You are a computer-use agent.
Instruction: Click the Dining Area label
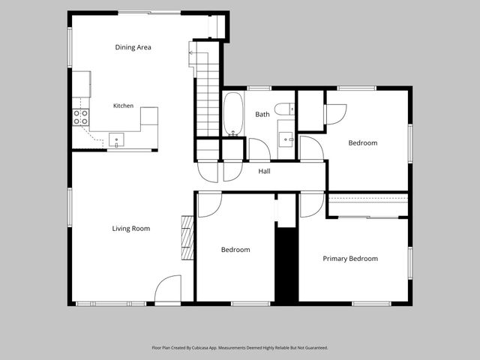point(133,47)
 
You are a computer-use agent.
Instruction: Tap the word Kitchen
point(123,106)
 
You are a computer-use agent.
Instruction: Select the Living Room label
point(131,228)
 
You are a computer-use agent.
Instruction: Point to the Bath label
point(262,114)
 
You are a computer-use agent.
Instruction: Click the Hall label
point(264,171)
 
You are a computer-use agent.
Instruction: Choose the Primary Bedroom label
point(350,259)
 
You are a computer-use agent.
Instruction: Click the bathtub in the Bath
point(233,114)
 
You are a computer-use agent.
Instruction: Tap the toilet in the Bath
point(284,109)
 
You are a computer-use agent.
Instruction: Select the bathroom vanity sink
point(286,139)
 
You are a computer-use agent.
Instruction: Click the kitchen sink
point(117,140)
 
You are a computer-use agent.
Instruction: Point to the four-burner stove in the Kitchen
point(81,118)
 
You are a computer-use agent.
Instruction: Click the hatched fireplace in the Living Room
point(187,238)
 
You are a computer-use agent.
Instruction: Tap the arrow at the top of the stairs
point(199,53)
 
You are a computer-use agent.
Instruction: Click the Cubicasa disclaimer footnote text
point(240,348)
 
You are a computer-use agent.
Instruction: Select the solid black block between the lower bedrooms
point(286,265)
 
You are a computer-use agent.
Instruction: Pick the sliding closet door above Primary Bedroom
point(368,217)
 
